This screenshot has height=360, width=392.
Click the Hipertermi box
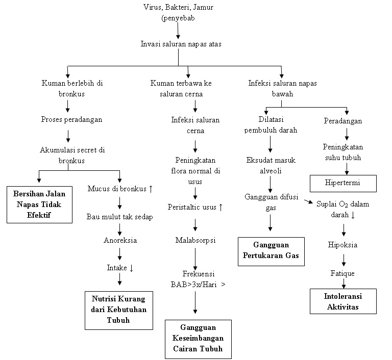(x=343, y=182)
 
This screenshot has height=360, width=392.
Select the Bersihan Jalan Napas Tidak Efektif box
(x=40, y=204)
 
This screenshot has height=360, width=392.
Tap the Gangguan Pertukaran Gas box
(x=271, y=251)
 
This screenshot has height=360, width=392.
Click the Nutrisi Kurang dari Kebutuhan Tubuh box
(x=118, y=310)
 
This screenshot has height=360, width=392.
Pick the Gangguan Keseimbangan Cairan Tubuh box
(x=198, y=339)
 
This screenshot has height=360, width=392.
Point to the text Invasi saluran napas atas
(x=181, y=44)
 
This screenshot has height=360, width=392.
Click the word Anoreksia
(x=120, y=240)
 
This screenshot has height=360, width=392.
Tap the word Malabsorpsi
(x=195, y=240)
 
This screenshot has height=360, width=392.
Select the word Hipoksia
(x=342, y=245)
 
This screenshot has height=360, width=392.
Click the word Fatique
(x=342, y=273)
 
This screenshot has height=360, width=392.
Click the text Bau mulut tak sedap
(x=119, y=217)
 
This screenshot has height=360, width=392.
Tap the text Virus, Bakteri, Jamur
(x=178, y=7)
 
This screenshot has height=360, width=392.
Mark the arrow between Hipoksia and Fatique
(x=343, y=259)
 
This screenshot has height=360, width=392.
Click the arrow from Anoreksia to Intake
(x=119, y=253)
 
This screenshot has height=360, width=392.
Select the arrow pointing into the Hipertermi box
(x=347, y=169)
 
